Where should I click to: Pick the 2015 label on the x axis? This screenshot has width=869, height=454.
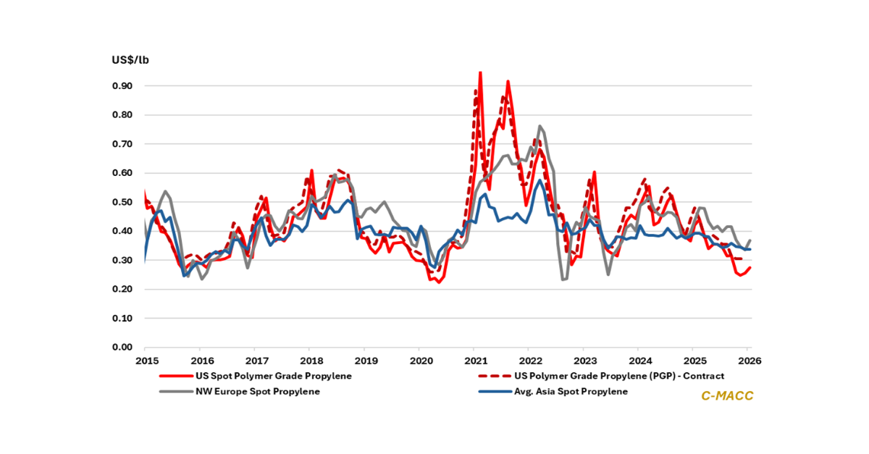click(146, 361)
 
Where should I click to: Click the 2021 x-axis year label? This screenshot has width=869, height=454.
click(474, 361)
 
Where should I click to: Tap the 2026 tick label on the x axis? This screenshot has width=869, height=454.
click(749, 361)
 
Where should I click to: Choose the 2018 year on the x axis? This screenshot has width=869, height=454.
click(311, 361)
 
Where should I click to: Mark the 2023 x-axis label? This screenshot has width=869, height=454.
click(584, 361)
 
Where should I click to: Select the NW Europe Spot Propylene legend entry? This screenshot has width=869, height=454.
click(258, 392)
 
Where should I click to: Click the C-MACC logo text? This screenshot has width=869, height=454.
click(726, 396)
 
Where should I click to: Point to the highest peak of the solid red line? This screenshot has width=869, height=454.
click(480, 72)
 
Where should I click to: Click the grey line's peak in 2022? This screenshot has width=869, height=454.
click(540, 126)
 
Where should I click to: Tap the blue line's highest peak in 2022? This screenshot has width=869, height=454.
click(539, 180)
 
